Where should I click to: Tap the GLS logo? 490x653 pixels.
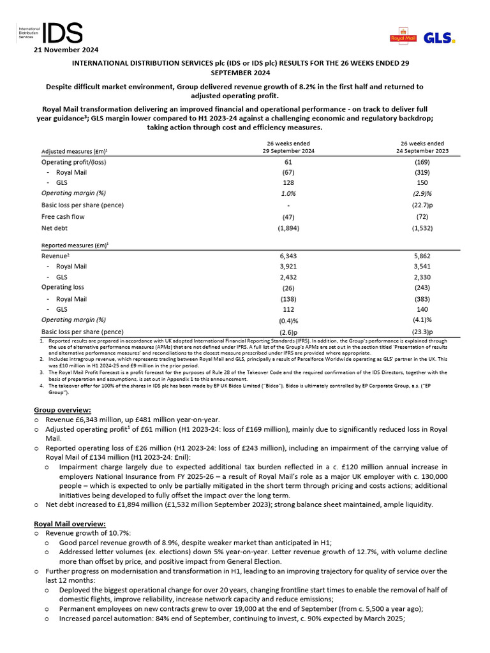[439, 38]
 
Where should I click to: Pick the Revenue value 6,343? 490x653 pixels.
[288, 255]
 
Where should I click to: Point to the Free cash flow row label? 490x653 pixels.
[63, 217]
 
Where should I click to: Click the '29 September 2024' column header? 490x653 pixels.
[288, 151]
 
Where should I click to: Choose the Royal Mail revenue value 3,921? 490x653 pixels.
[288, 267]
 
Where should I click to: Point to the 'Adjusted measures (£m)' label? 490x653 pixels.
[75, 152]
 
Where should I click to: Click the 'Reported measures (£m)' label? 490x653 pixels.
[75, 245]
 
